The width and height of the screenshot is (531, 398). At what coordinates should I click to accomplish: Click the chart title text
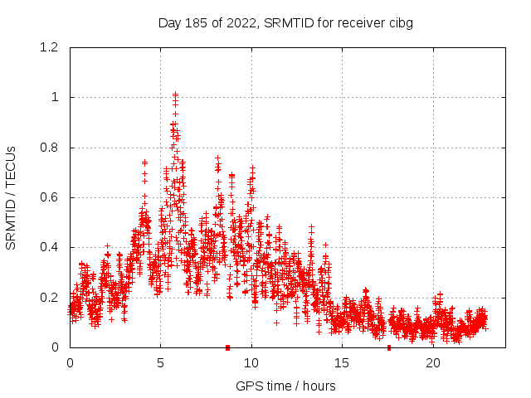click(x=285, y=22)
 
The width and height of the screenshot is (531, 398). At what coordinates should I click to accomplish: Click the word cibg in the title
click(x=399, y=22)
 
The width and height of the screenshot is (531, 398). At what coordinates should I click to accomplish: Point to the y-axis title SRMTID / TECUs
click(x=11, y=197)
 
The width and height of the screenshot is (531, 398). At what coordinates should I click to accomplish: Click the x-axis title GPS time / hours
click(x=285, y=386)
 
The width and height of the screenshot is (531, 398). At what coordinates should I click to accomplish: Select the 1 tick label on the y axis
click(x=55, y=97)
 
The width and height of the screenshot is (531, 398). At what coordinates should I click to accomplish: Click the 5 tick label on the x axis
click(x=160, y=363)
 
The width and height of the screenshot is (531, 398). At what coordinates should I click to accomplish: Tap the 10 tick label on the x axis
click(x=251, y=363)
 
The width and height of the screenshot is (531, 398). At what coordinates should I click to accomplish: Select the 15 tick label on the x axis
click(x=342, y=363)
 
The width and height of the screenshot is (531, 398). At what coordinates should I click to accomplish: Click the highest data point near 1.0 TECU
click(x=175, y=95)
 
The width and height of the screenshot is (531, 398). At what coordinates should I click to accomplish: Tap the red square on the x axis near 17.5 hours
click(x=389, y=347)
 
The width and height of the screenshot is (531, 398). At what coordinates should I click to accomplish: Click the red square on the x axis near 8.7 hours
click(x=227, y=347)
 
